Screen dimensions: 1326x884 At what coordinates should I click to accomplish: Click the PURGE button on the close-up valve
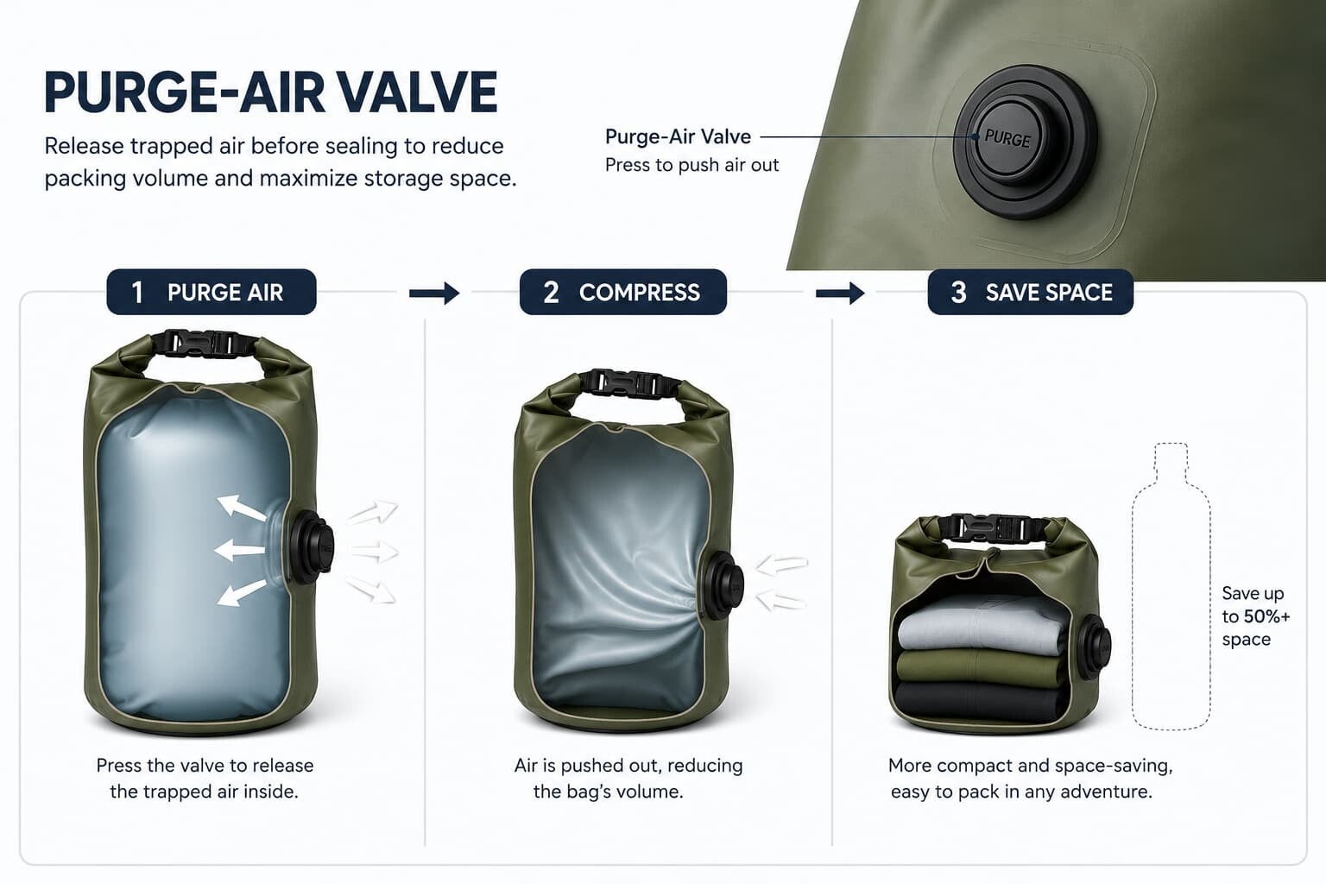pyautogui.click(x=1007, y=140)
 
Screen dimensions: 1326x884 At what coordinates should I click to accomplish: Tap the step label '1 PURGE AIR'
pyautogui.click(x=212, y=292)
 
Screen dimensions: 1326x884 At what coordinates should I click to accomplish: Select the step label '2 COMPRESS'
pyautogui.click(x=622, y=292)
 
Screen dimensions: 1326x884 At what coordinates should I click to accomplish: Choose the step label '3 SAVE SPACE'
pyautogui.click(x=1031, y=292)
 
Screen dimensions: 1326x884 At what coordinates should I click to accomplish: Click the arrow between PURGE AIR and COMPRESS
pyautogui.click(x=434, y=294)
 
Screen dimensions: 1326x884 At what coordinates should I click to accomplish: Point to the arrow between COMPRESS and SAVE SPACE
pyautogui.click(x=840, y=294)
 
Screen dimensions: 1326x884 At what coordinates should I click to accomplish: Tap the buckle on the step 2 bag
pyautogui.click(x=629, y=383)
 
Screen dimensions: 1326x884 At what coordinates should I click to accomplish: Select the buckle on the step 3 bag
pyautogui.click(x=995, y=527)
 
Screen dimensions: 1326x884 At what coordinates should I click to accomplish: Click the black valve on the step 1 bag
pyautogui.click(x=312, y=545)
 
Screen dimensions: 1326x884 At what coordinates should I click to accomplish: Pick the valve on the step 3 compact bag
pyautogui.click(x=1094, y=647)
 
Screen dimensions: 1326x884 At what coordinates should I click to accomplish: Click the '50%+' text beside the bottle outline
pyautogui.click(x=1266, y=616)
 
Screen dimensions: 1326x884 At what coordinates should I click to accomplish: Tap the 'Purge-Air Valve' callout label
pyautogui.click(x=678, y=136)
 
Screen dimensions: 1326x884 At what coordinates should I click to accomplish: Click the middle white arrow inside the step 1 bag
pyautogui.click(x=240, y=550)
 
